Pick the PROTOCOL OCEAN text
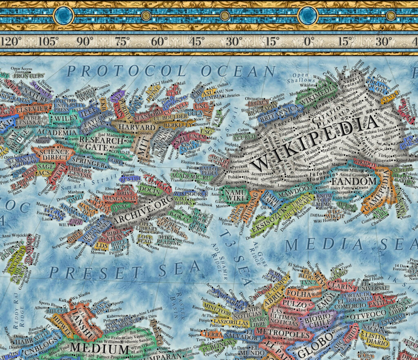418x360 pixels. click(171, 71)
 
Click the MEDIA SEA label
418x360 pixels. click(351, 244)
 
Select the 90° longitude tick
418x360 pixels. click(85, 41)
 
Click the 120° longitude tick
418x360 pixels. click(11, 41)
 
